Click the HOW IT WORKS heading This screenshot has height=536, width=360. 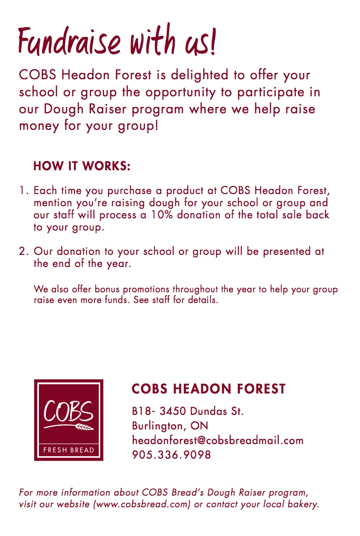coord(82,166)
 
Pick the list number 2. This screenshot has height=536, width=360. coord(23,251)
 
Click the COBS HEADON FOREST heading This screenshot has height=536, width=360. coord(209,389)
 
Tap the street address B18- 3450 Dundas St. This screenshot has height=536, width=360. coord(187,411)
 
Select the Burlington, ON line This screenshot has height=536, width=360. coord(170,426)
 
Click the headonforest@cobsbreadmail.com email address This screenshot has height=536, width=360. coord(217,441)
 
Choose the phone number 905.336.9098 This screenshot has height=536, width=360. coord(171,455)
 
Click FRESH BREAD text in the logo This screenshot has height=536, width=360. coord(69,450)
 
